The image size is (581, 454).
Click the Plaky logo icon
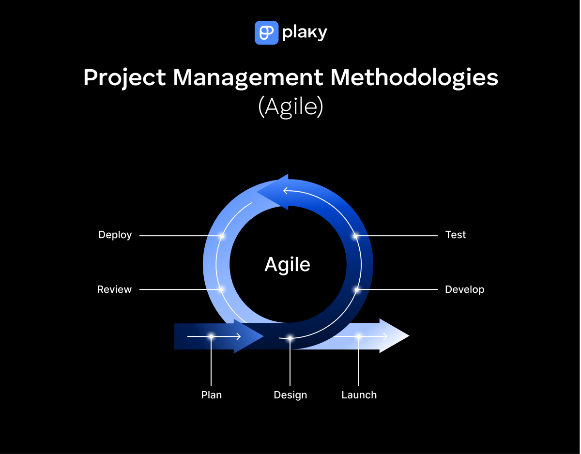click(x=266, y=32)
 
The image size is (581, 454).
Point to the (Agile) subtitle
click(x=290, y=107)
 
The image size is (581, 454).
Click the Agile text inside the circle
click(x=287, y=265)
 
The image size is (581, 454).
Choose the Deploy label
click(x=115, y=235)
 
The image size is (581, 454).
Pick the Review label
click(x=114, y=289)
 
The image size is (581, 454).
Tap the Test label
click(x=455, y=235)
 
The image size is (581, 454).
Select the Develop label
click(x=464, y=289)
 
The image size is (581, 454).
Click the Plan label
click(x=211, y=395)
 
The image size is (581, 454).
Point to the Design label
click(x=290, y=395)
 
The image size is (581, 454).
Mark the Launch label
click(x=359, y=395)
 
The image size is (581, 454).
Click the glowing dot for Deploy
click(x=221, y=236)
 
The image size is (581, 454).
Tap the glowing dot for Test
click(x=355, y=236)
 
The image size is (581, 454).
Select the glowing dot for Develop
click(x=357, y=290)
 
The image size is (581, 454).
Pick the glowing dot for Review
click(x=221, y=290)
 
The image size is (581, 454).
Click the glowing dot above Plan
click(x=211, y=336)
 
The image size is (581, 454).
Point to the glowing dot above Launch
click(x=359, y=336)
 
